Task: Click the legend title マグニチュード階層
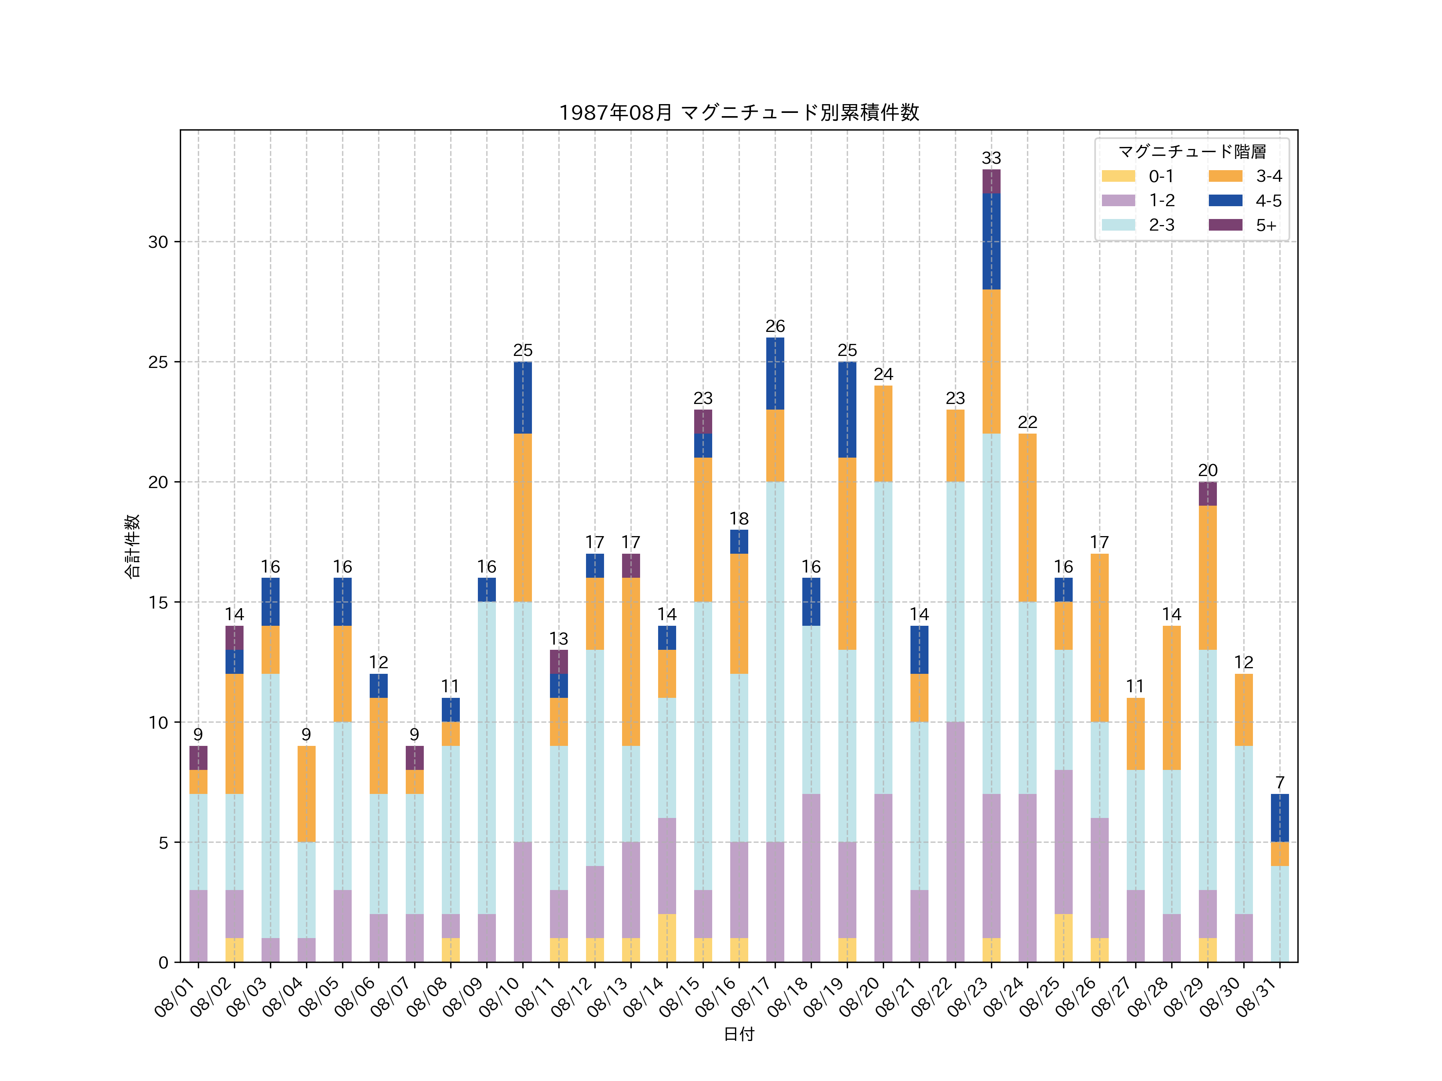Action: [x=1192, y=152]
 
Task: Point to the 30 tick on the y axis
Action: [x=158, y=242]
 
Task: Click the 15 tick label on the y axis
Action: [x=158, y=602]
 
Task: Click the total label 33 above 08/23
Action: [x=991, y=158]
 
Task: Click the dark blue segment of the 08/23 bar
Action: [x=991, y=241]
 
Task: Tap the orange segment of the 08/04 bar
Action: [x=306, y=794]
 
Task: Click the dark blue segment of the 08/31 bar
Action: [x=1280, y=818]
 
